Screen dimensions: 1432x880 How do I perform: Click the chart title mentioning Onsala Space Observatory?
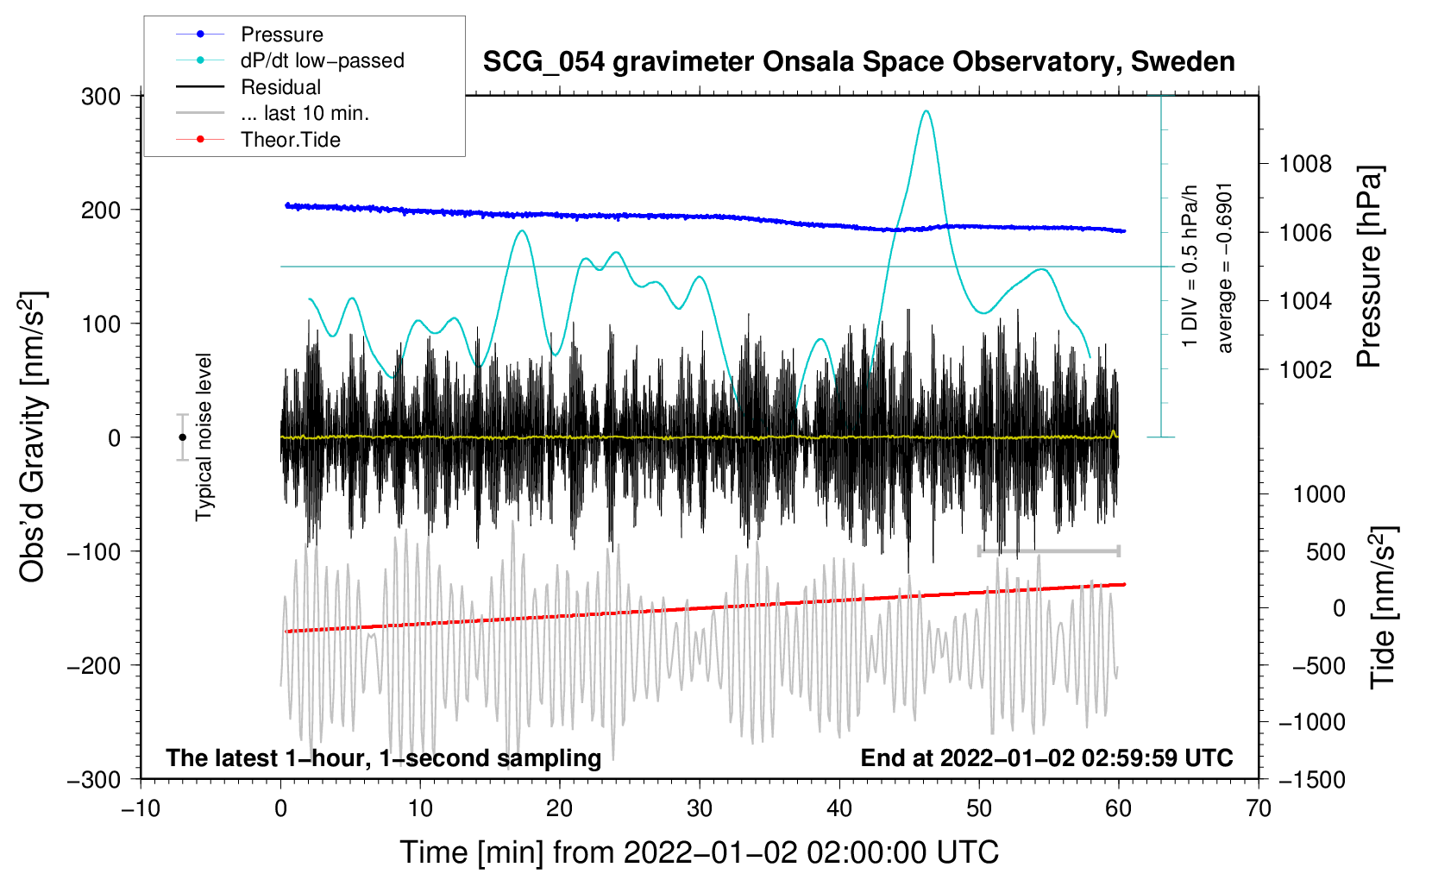pos(858,62)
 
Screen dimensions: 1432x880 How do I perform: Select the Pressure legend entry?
pos(250,34)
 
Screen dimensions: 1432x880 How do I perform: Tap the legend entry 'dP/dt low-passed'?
pos(290,60)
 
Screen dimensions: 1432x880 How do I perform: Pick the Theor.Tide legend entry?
pos(258,140)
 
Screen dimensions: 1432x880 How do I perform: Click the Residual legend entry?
pos(248,87)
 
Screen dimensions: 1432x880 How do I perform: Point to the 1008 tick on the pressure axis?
pos(1305,165)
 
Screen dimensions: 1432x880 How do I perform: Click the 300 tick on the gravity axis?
pos(101,97)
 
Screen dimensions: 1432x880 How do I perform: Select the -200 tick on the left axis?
pos(94,666)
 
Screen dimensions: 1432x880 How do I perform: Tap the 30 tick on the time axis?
pos(700,808)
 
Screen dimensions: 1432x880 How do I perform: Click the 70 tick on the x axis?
pos(1258,808)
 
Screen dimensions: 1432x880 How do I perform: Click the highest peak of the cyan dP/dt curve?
pos(926,110)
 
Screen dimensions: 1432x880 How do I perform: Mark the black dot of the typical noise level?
pos(182,437)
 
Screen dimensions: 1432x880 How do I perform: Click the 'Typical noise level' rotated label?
pos(204,437)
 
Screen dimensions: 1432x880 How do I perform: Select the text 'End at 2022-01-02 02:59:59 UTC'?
pos(1046,757)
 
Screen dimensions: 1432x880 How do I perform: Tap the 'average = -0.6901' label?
pos(1223,268)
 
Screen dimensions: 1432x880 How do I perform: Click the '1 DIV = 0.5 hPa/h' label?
pos(1189,266)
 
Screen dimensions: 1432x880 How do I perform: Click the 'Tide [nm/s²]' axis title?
pos(1384,607)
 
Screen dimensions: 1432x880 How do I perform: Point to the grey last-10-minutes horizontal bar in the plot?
pos(1049,550)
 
